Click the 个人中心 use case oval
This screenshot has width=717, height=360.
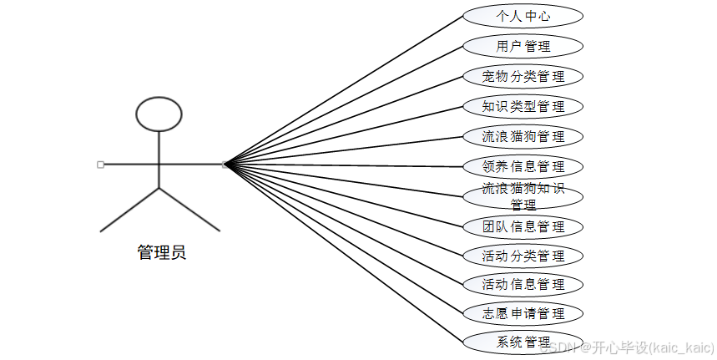(x=523, y=16)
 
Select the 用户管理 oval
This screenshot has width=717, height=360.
(x=523, y=46)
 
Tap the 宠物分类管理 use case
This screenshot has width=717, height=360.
(x=523, y=76)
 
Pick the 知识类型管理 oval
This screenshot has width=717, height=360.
(x=523, y=106)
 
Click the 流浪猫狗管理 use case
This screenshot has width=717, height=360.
(x=523, y=136)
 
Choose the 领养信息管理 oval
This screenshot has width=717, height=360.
(x=523, y=166)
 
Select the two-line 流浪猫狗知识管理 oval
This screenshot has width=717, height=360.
(x=523, y=196)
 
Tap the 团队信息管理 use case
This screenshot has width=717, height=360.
(x=523, y=226)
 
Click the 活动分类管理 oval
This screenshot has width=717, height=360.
(x=523, y=256)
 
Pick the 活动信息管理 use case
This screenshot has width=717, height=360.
(x=523, y=285)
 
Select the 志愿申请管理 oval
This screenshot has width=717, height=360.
(x=523, y=314)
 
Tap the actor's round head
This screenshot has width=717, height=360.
(x=159, y=114)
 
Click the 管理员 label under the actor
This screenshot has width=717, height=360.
(x=161, y=252)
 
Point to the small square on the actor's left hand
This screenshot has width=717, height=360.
(x=100, y=165)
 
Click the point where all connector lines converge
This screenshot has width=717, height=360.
(x=225, y=165)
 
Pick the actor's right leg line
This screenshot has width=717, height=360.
(x=189, y=209)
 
